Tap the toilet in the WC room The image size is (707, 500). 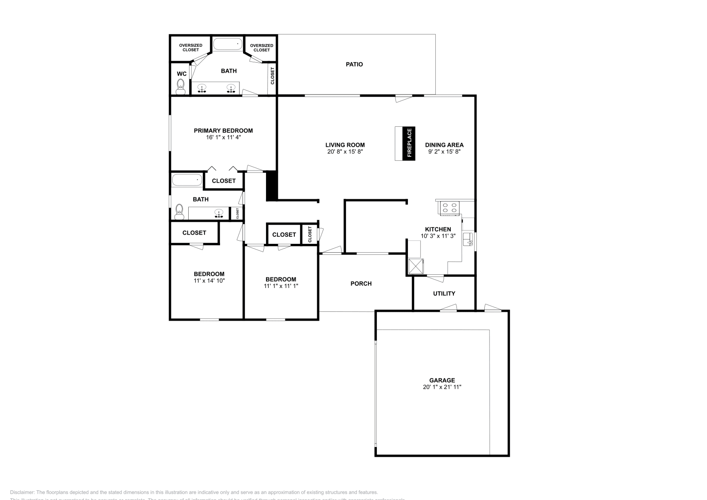click(181, 86)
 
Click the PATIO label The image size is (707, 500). click(354, 64)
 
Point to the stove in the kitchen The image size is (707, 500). click(449, 208)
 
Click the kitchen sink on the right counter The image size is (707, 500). click(468, 239)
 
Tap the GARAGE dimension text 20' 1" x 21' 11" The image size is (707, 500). click(442, 387)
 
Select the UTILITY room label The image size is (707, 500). click(444, 293)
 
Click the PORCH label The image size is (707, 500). click(361, 284)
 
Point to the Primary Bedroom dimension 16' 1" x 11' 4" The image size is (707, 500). click(223, 137)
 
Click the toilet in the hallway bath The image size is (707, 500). click(179, 211)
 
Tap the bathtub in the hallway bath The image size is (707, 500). click(186, 180)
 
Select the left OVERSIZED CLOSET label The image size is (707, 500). click(190, 48)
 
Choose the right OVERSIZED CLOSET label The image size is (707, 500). click(261, 48)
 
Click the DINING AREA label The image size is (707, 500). click(444, 145)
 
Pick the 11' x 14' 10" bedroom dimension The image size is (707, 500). click(209, 280)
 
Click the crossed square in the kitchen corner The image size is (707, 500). click(415, 266)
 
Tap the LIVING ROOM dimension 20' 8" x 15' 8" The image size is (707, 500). click(345, 152)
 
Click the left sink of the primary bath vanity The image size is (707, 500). click(202, 87)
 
